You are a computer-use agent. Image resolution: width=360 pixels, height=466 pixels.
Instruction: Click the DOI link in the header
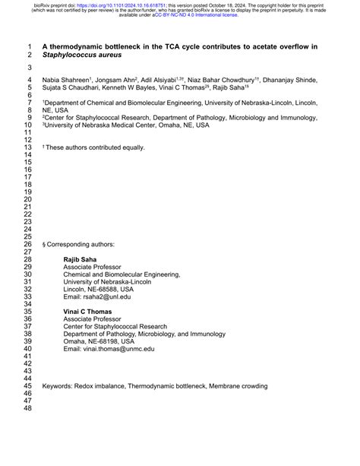[x=114, y=5]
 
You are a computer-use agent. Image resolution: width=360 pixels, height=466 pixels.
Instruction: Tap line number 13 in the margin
[x=28, y=147]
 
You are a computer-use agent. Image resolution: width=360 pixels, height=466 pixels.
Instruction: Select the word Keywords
[x=58, y=386]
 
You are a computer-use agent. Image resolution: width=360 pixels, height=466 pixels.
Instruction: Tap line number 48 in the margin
[x=28, y=408]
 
